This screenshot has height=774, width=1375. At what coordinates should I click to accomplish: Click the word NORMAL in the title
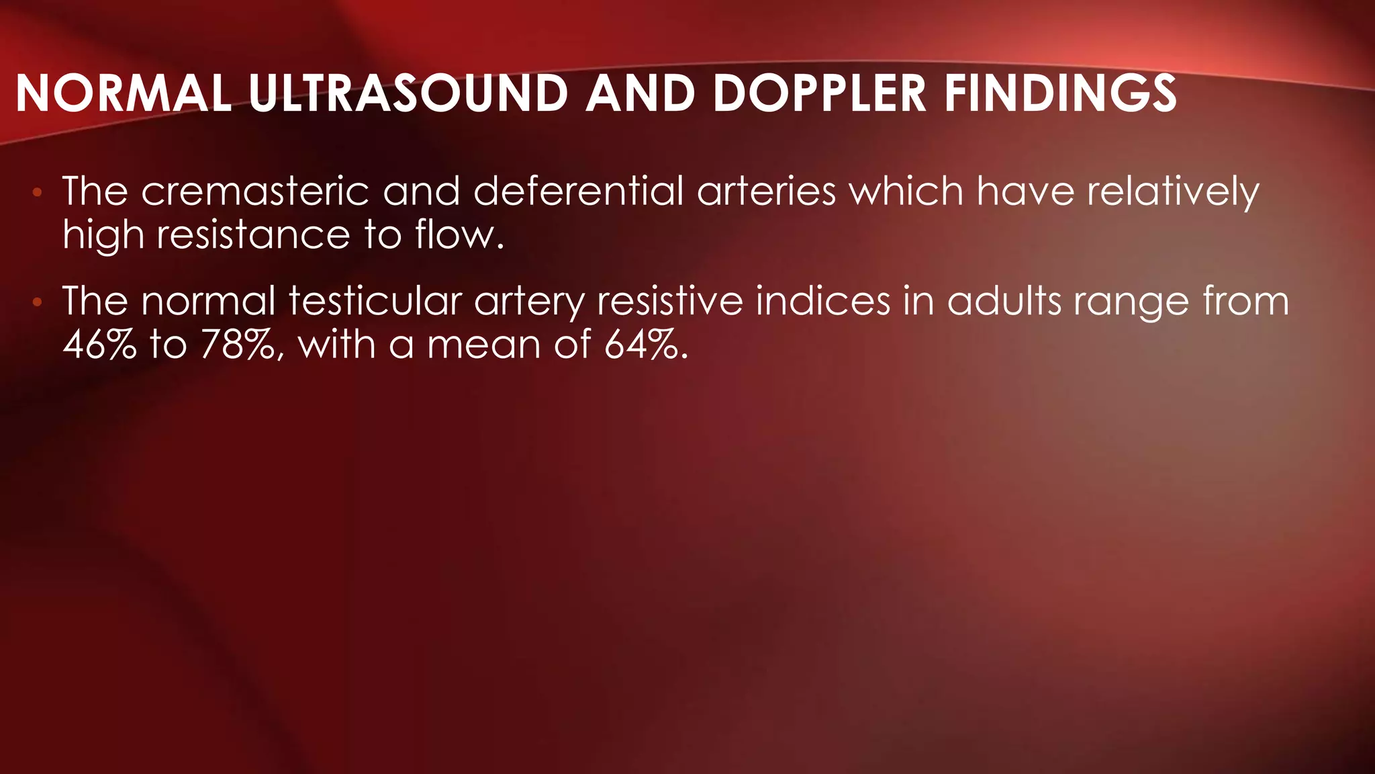(x=124, y=93)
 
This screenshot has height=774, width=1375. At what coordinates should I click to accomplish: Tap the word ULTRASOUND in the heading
(x=409, y=93)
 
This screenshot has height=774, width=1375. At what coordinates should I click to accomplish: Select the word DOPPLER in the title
(x=820, y=93)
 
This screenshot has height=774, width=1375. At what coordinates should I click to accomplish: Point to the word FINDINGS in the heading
(x=1060, y=93)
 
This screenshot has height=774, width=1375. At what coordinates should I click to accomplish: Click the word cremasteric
(x=255, y=191)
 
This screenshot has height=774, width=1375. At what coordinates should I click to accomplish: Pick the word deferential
(x=578, y=191)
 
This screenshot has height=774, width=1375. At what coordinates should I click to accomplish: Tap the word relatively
(x=1172, y=193)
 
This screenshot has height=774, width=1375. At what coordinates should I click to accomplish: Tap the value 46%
(x=99, y=345)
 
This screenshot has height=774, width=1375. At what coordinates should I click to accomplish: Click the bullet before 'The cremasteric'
(x=38, y=193)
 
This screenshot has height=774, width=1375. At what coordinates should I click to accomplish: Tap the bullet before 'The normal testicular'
(x=38, y=303)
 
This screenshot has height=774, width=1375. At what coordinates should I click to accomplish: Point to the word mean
(x=483, y=345)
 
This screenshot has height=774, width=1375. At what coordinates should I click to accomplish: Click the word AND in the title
(x=640, y=93)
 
